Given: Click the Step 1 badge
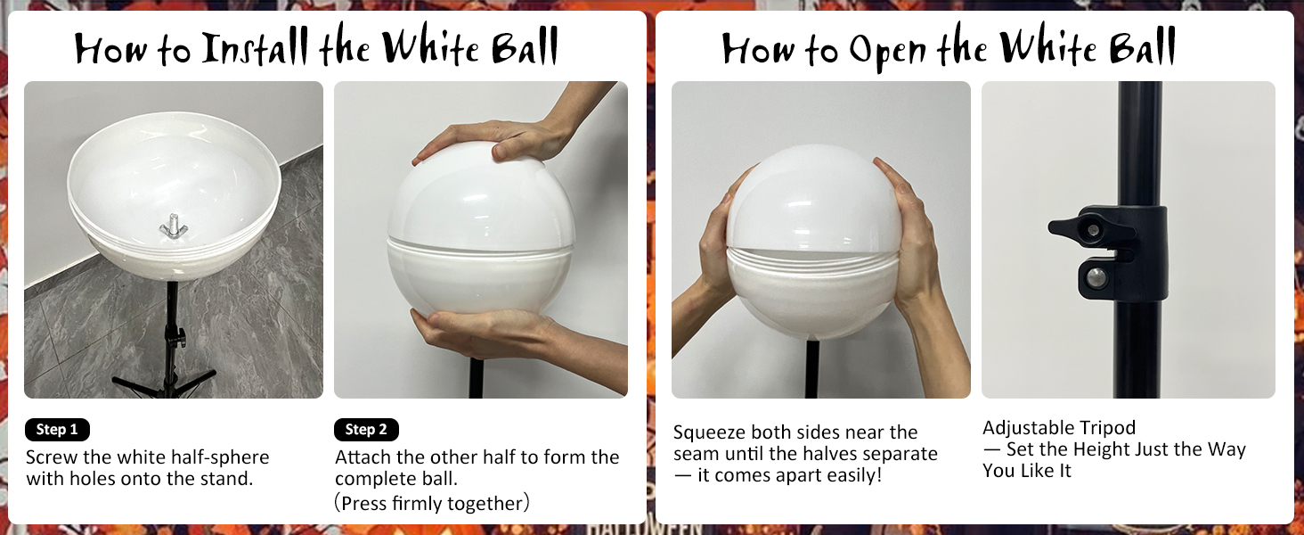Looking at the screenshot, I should (57, 430).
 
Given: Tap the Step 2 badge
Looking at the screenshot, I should (366, 430).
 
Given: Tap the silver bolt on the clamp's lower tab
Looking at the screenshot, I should (1096, 277).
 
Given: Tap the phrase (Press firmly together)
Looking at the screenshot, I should (432, 503).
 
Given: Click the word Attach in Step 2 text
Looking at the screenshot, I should (363, 457).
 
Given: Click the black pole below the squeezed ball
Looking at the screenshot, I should (811, 370).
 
